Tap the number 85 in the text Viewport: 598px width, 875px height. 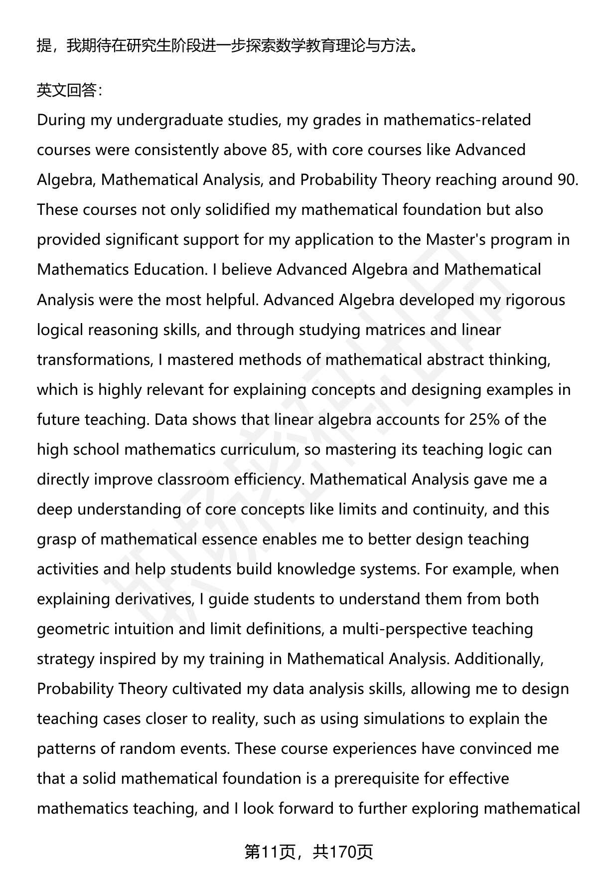tap(281, 150)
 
